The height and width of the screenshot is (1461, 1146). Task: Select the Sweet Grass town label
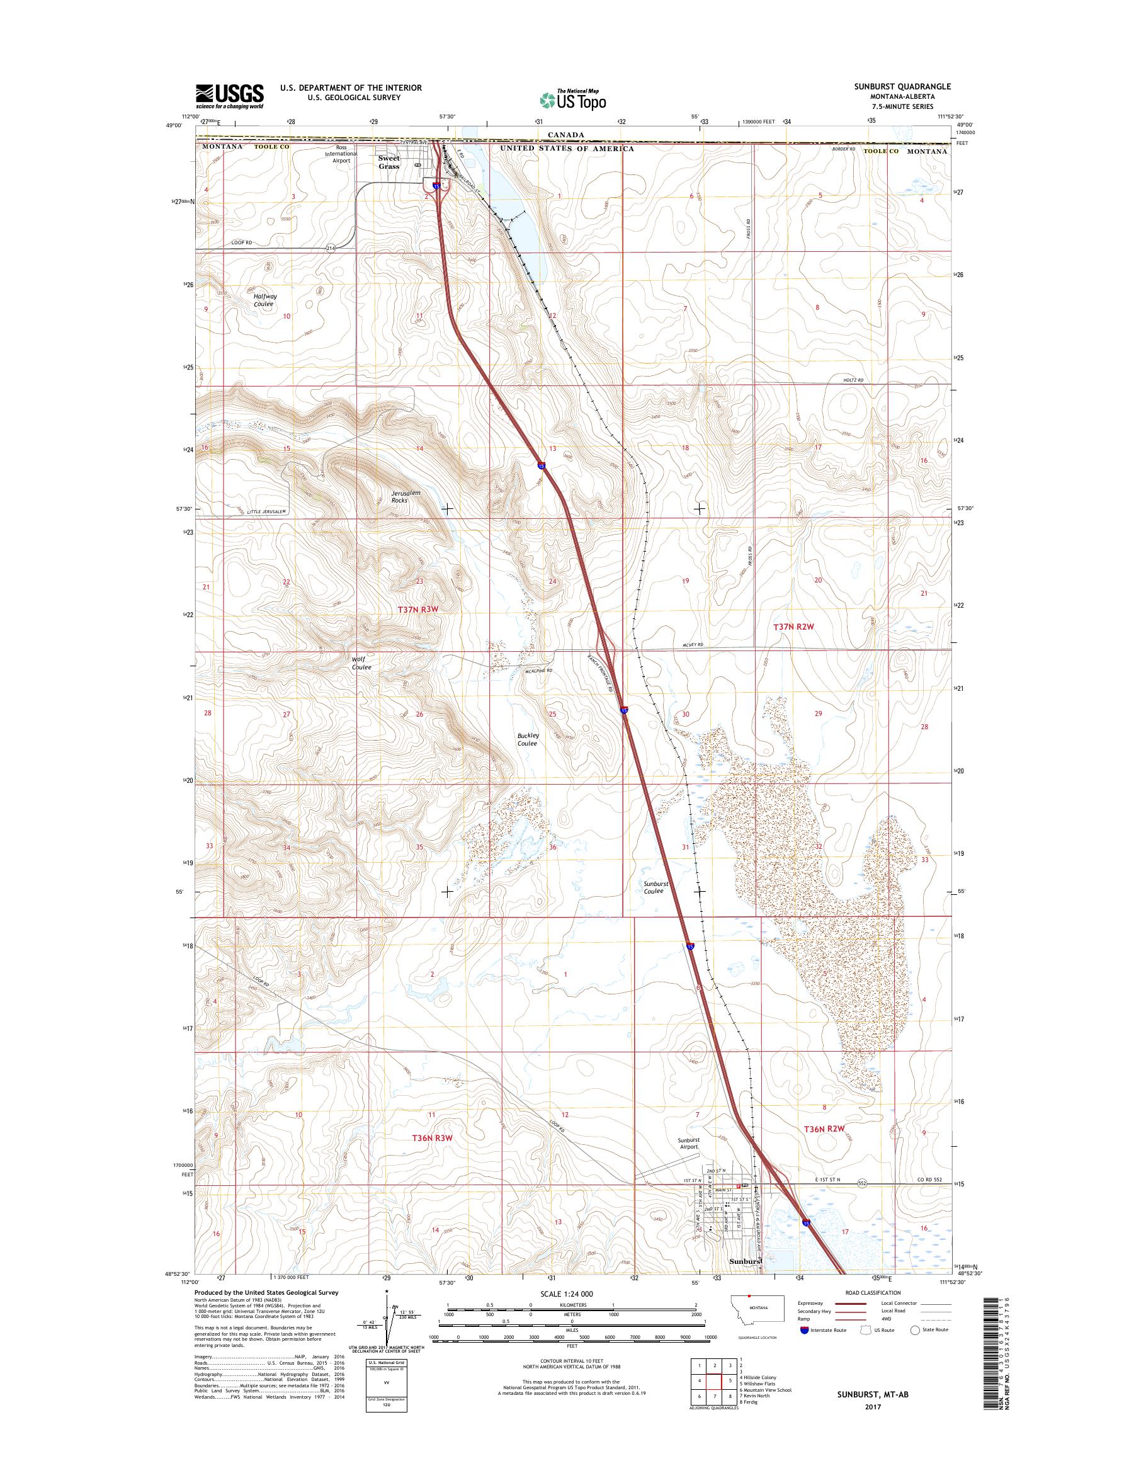[x=389, y=162]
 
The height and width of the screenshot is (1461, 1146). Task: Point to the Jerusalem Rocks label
[x=406, y=496]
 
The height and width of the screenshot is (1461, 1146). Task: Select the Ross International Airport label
[x=341, y=154]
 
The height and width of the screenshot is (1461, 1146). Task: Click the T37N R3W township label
[x=418, y=609]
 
